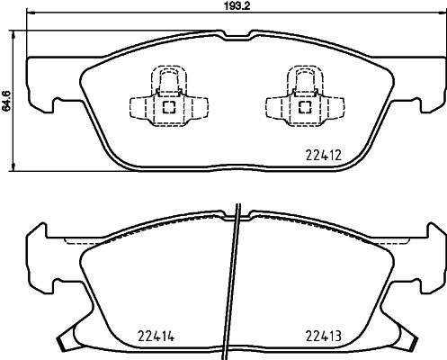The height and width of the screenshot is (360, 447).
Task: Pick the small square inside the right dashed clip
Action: [303, 106]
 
